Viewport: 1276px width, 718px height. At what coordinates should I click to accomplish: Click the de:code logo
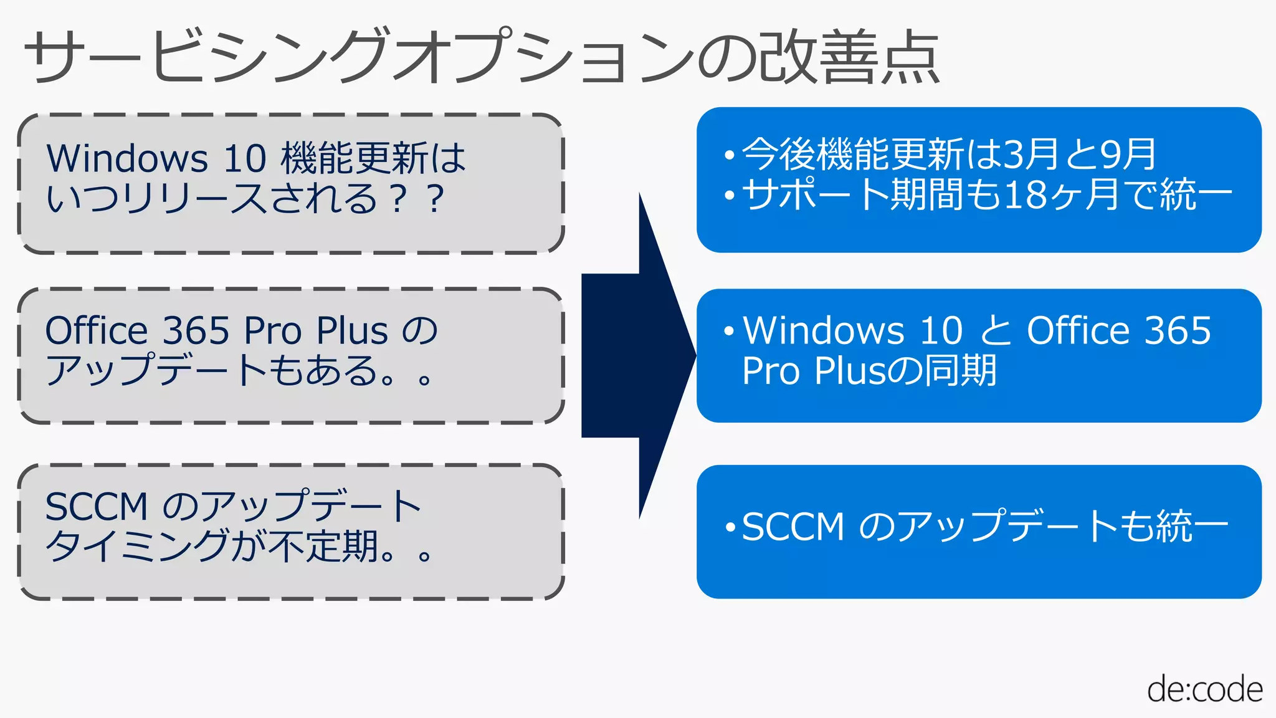coord(1204,690)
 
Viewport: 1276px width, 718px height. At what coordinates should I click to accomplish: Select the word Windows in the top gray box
coord(127,158)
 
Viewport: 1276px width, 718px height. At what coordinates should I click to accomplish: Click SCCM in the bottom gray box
coord(96,506)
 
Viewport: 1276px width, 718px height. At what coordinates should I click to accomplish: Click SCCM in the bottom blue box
coord(793,527)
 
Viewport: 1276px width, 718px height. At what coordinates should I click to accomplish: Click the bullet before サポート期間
coord(730,196)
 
